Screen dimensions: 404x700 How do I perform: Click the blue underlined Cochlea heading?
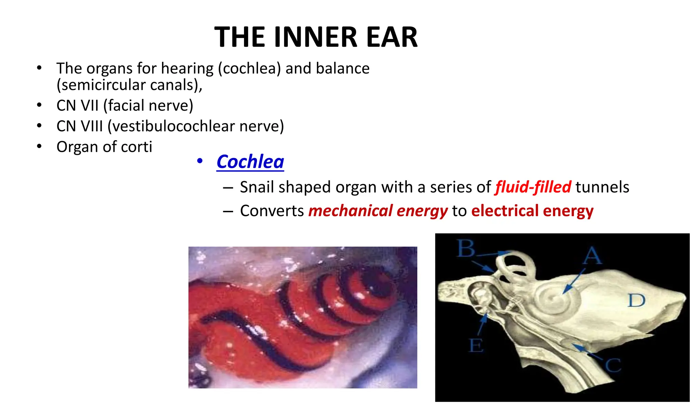250,162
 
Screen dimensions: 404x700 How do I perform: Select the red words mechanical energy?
378,211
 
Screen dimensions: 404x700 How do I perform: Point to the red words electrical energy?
532,211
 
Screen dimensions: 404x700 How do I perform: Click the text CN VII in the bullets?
78,106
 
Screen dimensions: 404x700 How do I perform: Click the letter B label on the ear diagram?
466,248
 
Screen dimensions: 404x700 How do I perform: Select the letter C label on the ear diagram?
613,365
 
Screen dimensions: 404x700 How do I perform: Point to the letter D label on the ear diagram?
636,301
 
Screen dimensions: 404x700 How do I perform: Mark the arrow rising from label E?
482,325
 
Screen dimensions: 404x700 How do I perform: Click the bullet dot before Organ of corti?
39,147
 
